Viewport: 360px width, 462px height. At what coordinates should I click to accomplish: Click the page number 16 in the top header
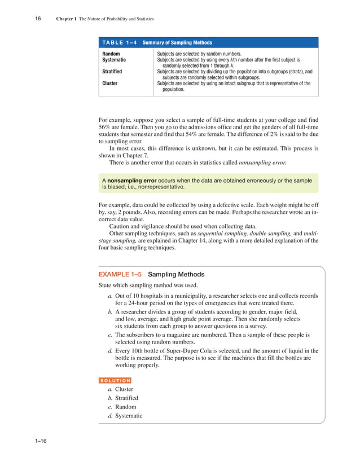[37, 19]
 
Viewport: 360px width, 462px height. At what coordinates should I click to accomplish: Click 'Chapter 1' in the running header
[66, 19]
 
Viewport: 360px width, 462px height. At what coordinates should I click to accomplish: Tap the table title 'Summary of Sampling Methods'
[177, 42]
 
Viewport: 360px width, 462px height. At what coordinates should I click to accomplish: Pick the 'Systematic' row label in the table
[114, 59]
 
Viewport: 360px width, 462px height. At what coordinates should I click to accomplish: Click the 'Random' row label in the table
[111, 53]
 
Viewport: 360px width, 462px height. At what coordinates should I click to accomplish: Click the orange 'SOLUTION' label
[115, 381]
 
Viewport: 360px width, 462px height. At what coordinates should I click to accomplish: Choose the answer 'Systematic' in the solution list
[129, 416]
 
